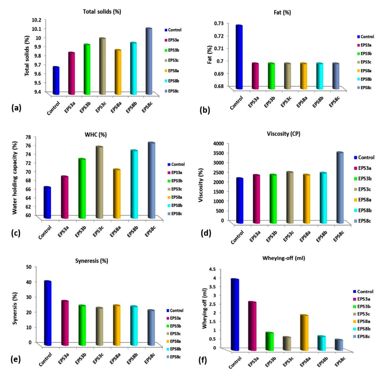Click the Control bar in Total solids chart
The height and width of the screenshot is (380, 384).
pos(56,81)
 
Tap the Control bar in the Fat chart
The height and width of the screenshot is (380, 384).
pos(239,58)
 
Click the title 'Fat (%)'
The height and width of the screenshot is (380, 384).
pos(282,12)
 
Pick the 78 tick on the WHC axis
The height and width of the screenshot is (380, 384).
pos(38,137)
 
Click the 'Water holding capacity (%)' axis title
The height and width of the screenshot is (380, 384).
pos(15,177)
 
